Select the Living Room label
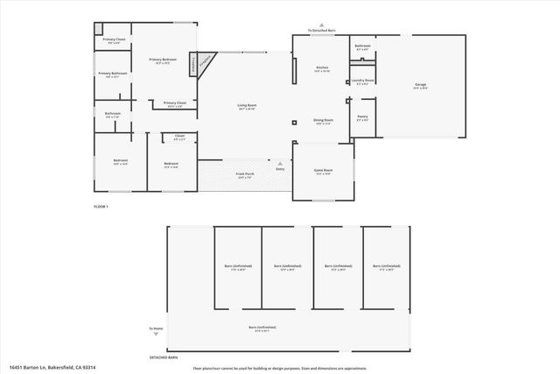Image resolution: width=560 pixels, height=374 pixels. pos(247,106)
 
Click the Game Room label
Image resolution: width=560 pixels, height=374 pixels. pos(324,170)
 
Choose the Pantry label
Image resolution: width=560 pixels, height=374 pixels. pos(362,118)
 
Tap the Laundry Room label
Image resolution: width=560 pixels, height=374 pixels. pos(363,81)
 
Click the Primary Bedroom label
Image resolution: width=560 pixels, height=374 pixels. pos(163,60)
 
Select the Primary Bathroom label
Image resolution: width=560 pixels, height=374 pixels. pos(113,74)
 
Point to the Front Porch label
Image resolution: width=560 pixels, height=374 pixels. pos(245,175)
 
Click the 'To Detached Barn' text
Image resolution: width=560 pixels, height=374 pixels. pos(322,31)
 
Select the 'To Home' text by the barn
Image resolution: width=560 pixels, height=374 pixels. pos(156,328)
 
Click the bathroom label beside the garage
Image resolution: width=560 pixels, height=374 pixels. pos(362,46)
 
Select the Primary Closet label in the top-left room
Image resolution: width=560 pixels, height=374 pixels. pos(114,39)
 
